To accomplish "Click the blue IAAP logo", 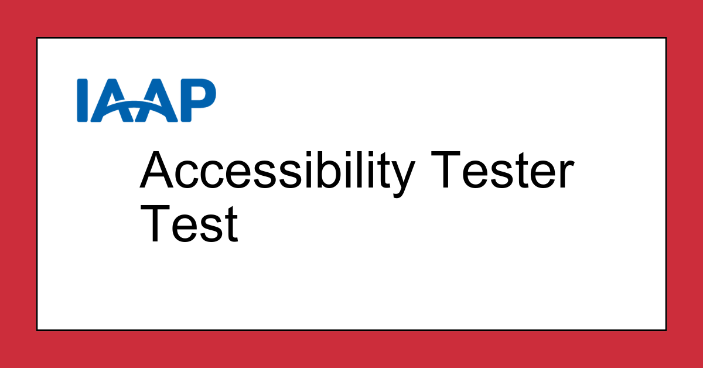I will click(146, 100).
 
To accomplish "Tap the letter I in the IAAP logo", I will click(83, 100).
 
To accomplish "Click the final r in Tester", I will click(564, 175).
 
